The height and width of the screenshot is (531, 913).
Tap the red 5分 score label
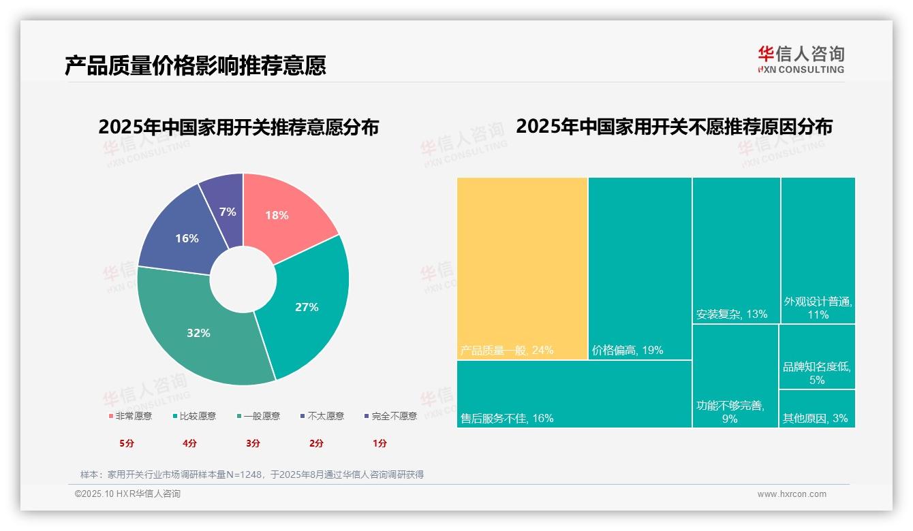pyautogui.click(x=127, y=443)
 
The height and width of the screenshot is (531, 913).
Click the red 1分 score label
pyautogui.click(x=380, y=443)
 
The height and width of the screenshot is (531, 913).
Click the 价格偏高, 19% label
pyautogui.click(x=628, y=351)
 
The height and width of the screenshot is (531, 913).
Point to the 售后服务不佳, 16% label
pyautogui.click(x=507, y=418)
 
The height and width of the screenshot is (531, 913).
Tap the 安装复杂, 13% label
pyautogui.click(x=732, y=314)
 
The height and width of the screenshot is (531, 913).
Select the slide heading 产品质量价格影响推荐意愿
pyautogui.click(x=196, y=65)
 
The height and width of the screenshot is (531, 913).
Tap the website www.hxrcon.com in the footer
pyautogui.click(x=792, y=494)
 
